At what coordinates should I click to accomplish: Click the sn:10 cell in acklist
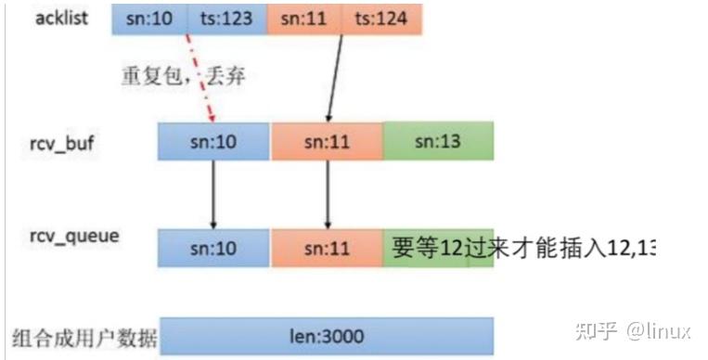[x=149, y=18]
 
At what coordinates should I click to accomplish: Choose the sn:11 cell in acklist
[x=303, y=18]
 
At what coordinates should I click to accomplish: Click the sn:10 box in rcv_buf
[x=214, y=142]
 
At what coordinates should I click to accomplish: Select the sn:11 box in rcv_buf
[x=327, y=142]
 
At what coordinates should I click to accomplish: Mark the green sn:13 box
[x=437, y=142]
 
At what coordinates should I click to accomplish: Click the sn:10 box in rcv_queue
[x=214, y=248]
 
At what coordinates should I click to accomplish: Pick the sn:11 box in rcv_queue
[x=327, y=248]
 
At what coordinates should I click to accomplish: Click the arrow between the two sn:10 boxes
[x=214, y=195]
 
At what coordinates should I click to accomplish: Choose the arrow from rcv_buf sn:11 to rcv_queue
[x=327, y=195]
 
